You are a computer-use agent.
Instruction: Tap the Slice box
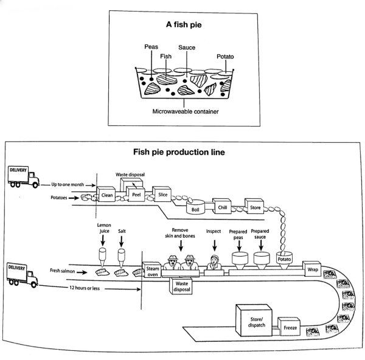(x=162, y=193)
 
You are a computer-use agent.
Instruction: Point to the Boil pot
(x=195, y=207)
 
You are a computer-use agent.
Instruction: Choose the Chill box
(x=222, y=206)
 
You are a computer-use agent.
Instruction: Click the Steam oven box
(x=151, y=270)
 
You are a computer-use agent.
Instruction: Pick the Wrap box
(x=311, y=269)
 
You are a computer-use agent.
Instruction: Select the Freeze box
(x=289, y=327)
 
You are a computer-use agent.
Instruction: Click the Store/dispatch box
(x=254, y=320)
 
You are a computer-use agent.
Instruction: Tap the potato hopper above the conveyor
(x=284, y=260)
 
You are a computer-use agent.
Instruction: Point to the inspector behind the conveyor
(x=214, y=262)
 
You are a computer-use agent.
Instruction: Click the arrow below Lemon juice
(x=103, y=240)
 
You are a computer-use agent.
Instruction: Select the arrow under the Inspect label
(x=215, y=245)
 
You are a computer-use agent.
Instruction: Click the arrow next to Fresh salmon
(x=82, y=272)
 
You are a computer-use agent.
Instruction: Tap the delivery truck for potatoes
(x=24, y=177)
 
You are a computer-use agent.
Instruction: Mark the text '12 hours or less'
(x=85, y=288)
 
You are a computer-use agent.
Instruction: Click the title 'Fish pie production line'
(x=179, y=152)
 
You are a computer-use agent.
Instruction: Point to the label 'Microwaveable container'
(x=186, y=111)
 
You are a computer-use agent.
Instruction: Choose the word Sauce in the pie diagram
(x=187, y=47)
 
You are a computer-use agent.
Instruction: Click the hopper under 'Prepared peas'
(x=240, y=260)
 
